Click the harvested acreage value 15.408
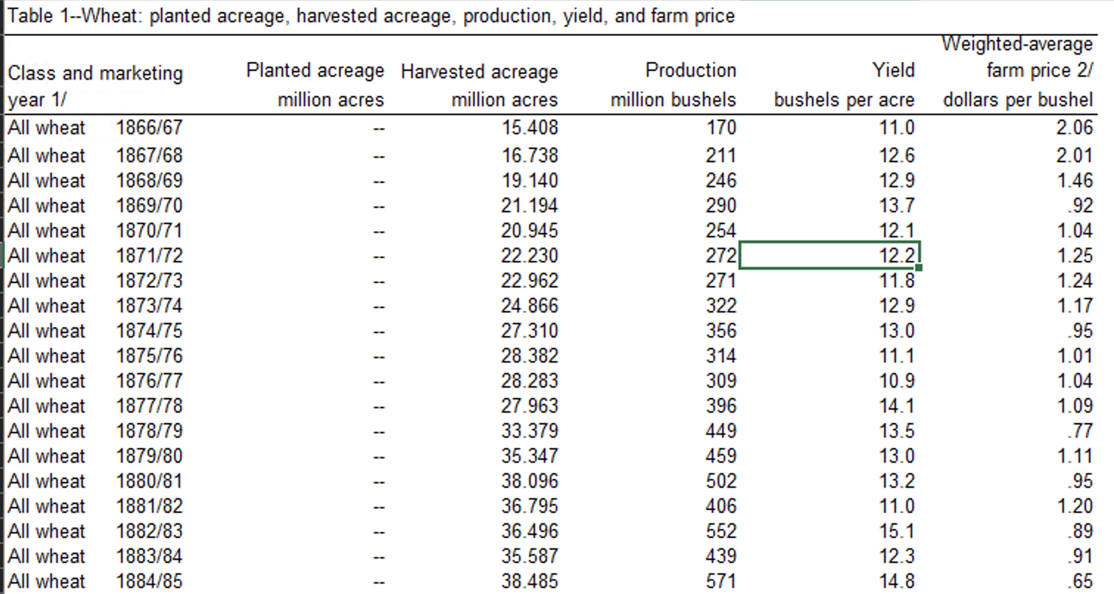(x=529, y=128)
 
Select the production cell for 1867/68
(x=721, y=156)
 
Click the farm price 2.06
(x=1073, y=128)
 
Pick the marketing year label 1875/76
(x=149, y=356)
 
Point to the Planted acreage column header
(x=315, y=71)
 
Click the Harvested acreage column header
(x=479, y=72)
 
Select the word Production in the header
(x=690, y=71)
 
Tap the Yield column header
(x=893, y=71)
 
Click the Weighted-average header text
(x=1017, y=44)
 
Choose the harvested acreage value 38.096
(x=529, y=481)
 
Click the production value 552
(x=721, y=531)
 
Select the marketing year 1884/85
(x=149, y=581)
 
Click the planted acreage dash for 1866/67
(x=379, y=128)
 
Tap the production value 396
(x=721, y=406)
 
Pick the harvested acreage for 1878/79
(x=529, y=431)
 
